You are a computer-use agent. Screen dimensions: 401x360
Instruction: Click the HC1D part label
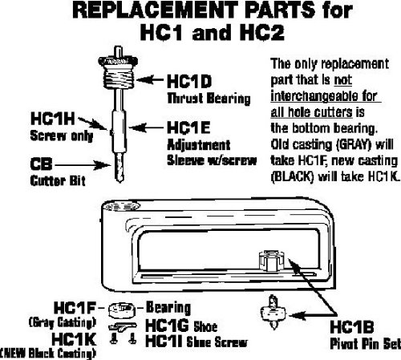[x=189, y=81]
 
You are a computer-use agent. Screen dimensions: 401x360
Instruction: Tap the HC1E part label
[x=188, y=127]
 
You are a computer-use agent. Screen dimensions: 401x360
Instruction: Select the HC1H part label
[x=53, y=119]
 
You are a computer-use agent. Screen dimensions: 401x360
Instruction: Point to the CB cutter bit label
[x=41, y=164]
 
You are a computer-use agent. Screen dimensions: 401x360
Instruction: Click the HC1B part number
[x=352, y=326]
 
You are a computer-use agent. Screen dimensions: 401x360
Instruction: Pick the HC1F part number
[x=75, y=308]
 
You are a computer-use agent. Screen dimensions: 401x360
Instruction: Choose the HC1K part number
[x=74, y=339]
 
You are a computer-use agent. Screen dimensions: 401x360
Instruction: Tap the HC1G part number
[x=167, y=326]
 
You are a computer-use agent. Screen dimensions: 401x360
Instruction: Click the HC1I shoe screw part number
[x=164, y=342]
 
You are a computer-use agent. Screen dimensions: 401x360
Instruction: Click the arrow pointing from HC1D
[x=150, y=79]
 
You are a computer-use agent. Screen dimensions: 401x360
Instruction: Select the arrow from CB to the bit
[x=83, y=165]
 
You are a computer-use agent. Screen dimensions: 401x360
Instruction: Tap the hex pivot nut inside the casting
[x=270, y=261]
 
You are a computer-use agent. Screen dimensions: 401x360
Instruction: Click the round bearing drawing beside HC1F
[x=121, y=310]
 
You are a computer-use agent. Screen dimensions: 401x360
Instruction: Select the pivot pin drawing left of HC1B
[x=273, y=312]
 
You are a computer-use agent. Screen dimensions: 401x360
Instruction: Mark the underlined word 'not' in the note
[x=343, y=79]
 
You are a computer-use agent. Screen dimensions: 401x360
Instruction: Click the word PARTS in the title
[x=280, y=10]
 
